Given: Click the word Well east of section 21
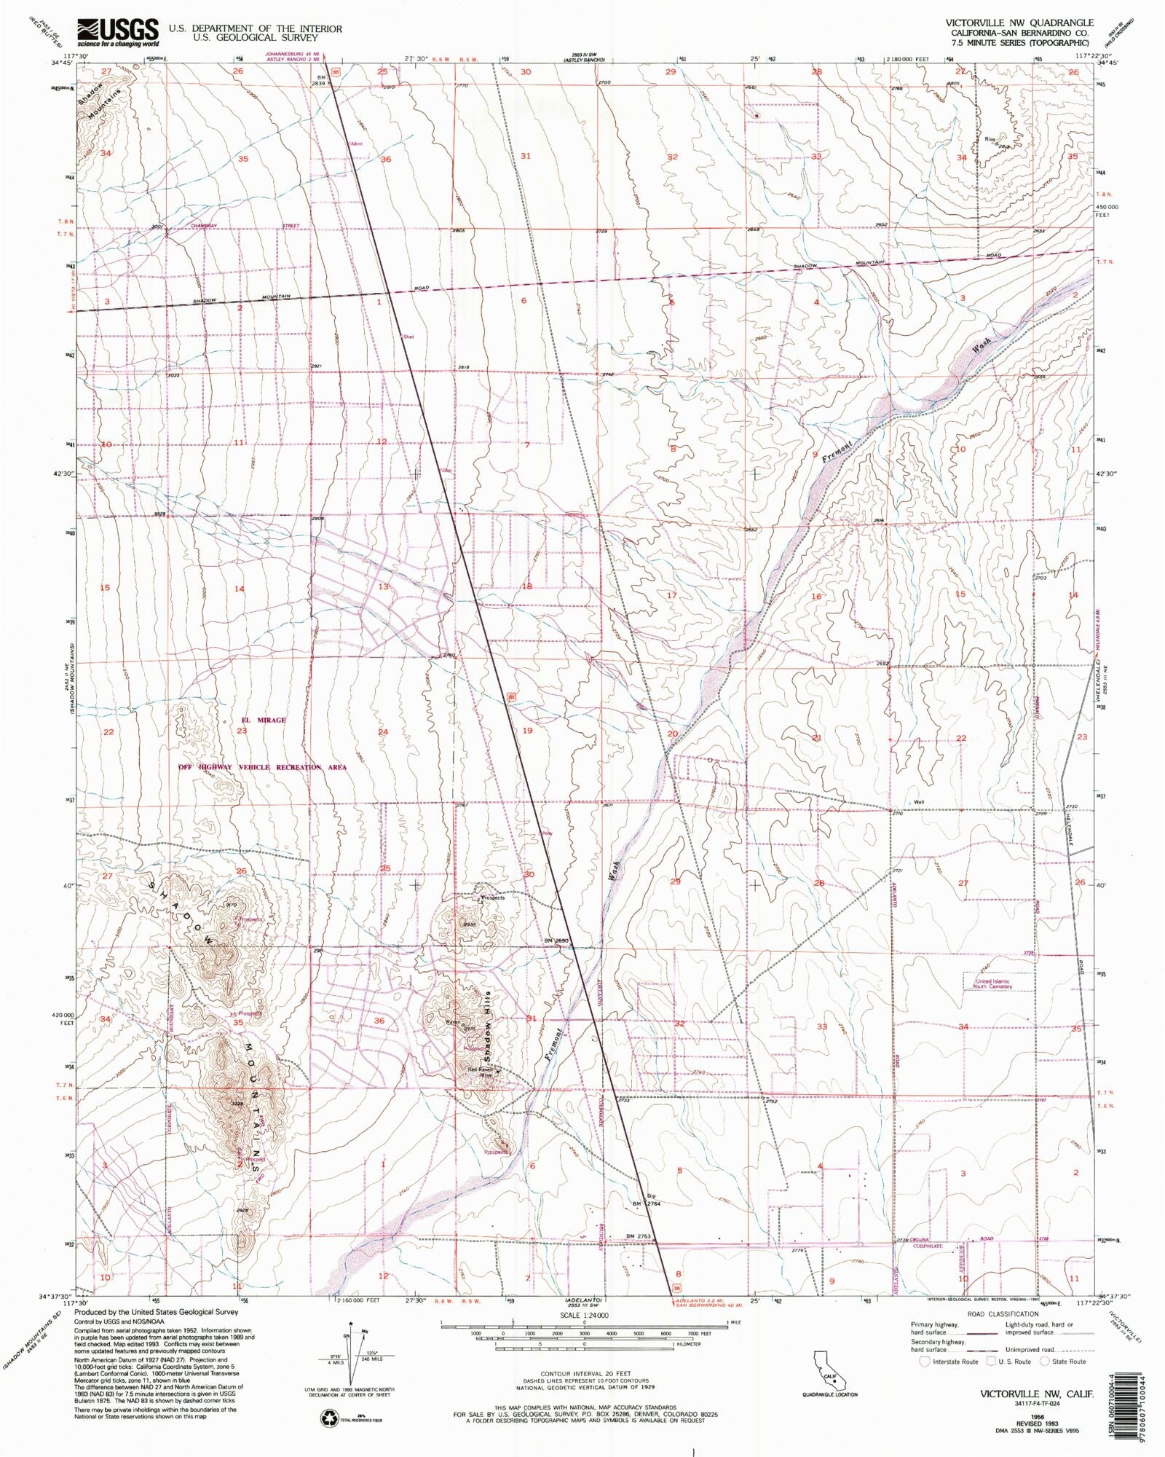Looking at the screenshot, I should (x=919, y=802).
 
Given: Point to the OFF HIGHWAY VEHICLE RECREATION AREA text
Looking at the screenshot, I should (x=263, y=767).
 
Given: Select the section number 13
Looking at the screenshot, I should (x=383, y=586).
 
